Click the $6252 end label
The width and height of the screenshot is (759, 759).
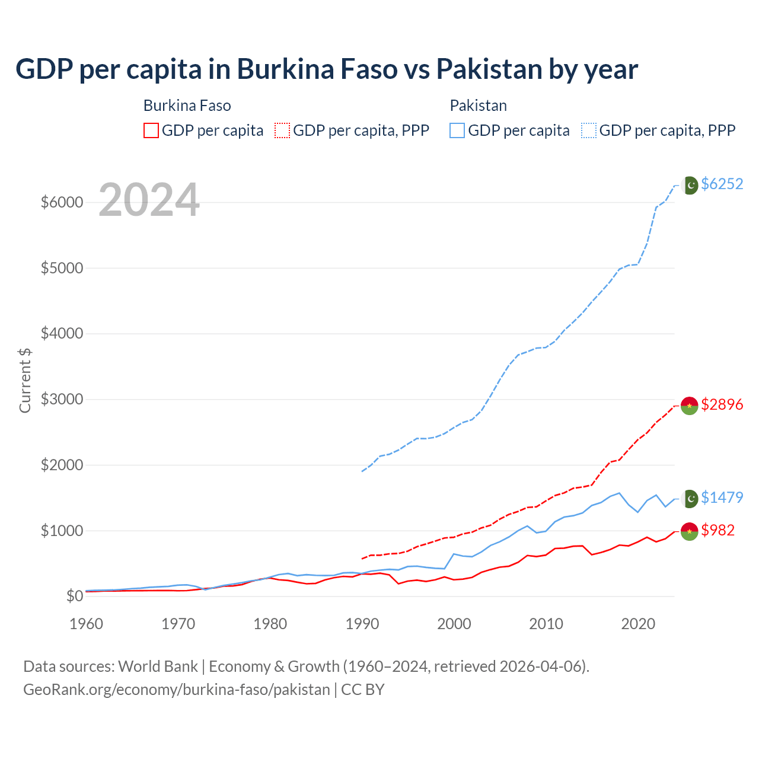click(x=722, y=184)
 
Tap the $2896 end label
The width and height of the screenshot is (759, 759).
click(x=722, y=405)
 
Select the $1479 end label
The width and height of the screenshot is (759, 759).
click(x=722, y=498)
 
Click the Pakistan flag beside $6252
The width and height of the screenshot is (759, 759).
click(x=690, y=186)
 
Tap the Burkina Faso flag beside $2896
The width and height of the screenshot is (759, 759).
click(x=689, y=406)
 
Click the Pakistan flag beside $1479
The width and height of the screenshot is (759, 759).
click(x=690, y=499)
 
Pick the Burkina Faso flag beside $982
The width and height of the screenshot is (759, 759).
click(x=689, y=531)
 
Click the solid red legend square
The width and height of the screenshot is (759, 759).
click(x=151, y=130)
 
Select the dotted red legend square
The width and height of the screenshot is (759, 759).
click(x=282, y=130)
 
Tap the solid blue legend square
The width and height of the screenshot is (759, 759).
click(x=457, y=130)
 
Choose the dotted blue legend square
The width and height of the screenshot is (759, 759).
click(x=589, y=130)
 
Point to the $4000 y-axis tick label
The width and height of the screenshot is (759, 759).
click(x=62, y=334)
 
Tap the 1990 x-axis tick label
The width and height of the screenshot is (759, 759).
click(x=362, y=624)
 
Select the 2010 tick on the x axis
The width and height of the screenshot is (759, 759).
click(x=546, y=624)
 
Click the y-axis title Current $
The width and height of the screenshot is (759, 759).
click(x=25, y=380)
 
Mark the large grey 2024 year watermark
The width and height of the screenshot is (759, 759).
click(x=149, y=200)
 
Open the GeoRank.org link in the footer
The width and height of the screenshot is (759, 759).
click(x=176, y=690)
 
